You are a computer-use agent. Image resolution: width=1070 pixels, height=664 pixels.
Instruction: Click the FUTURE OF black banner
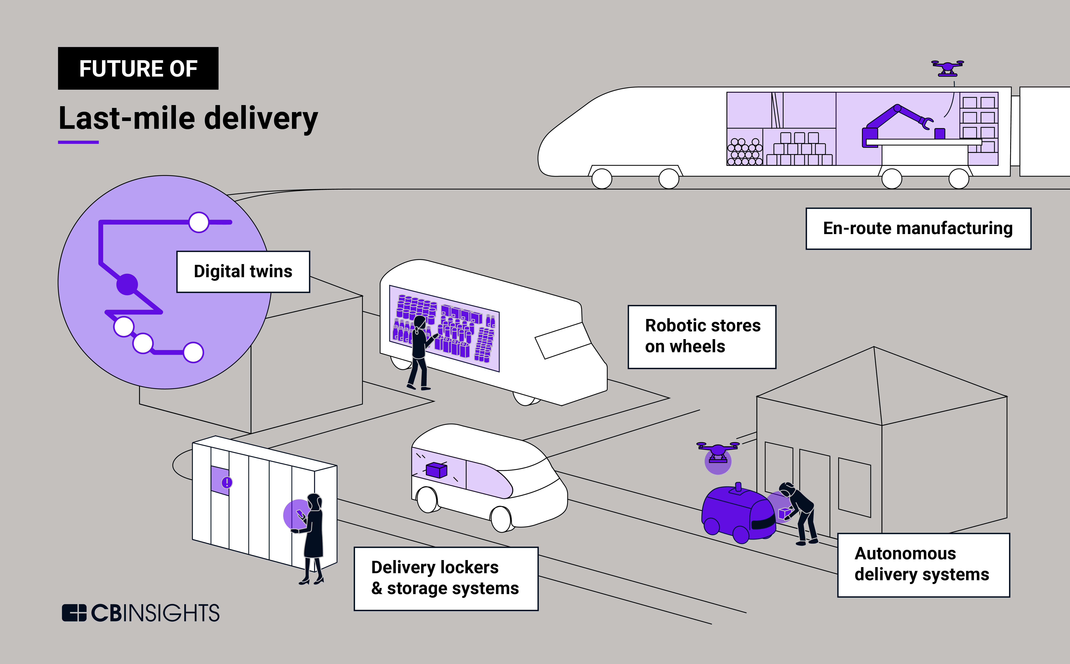(x=138, y=69)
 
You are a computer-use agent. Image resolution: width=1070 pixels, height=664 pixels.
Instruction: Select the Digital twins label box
(x=243, y=271)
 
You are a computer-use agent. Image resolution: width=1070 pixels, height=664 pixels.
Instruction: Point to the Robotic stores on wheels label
(x=702, y=336)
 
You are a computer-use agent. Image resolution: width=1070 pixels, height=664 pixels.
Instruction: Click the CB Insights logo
(x=141, y=613)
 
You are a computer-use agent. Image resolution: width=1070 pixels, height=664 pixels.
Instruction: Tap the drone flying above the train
(x=947, y=68)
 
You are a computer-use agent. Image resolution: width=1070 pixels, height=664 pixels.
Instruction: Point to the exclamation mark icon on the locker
(x=227, y=483)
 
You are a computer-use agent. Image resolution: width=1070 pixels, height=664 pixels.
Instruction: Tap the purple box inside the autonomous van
(x=437, y=470)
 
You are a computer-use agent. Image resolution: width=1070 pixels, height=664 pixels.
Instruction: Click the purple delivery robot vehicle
(x=738, y=514)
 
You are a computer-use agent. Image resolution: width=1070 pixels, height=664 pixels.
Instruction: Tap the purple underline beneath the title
(x=78, y=142)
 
